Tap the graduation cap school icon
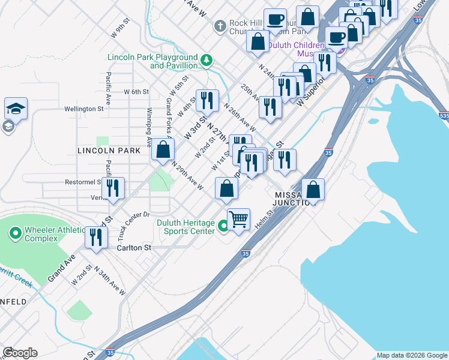[x=16, y=109]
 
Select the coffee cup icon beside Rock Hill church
[x=275, y=20]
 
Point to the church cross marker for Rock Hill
[x=220, y=26]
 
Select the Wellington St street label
[x=84, y=109]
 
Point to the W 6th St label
[x=136, y=92]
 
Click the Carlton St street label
[x=134, y=247]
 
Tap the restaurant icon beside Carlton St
[x=95, y=237]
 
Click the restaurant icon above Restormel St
[x=112, y=188]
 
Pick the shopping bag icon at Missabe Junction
[x=313, y=190]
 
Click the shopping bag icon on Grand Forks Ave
[x=163, y=150]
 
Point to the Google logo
[x=20, y=353]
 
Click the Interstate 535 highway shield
[x=444, y=113]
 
